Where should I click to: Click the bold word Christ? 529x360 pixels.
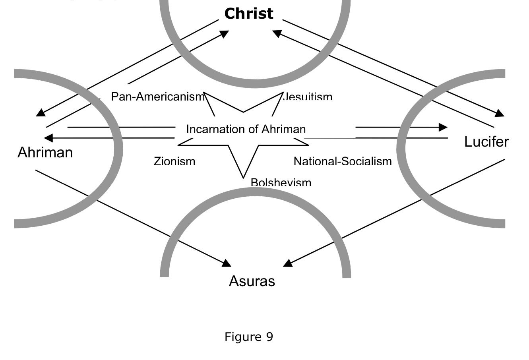249,14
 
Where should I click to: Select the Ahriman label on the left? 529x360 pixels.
45,153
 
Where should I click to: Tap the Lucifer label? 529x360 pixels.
486,142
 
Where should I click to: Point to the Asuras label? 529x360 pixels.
252,281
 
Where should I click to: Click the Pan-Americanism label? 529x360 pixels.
157,97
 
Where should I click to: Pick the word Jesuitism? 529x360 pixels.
308,97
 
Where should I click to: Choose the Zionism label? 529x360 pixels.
174,161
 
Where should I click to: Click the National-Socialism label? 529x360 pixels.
343,161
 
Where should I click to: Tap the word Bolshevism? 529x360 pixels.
281,182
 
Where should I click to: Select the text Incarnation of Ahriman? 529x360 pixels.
246,129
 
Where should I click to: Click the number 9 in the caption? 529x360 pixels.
269,337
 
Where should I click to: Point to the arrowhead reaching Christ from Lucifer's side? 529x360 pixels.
277,34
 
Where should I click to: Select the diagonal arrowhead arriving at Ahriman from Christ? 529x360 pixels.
41,113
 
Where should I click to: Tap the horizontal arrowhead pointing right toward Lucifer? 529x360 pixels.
443,127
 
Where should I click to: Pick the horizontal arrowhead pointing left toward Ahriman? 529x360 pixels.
48,138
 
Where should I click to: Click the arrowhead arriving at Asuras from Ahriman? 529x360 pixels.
226,263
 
